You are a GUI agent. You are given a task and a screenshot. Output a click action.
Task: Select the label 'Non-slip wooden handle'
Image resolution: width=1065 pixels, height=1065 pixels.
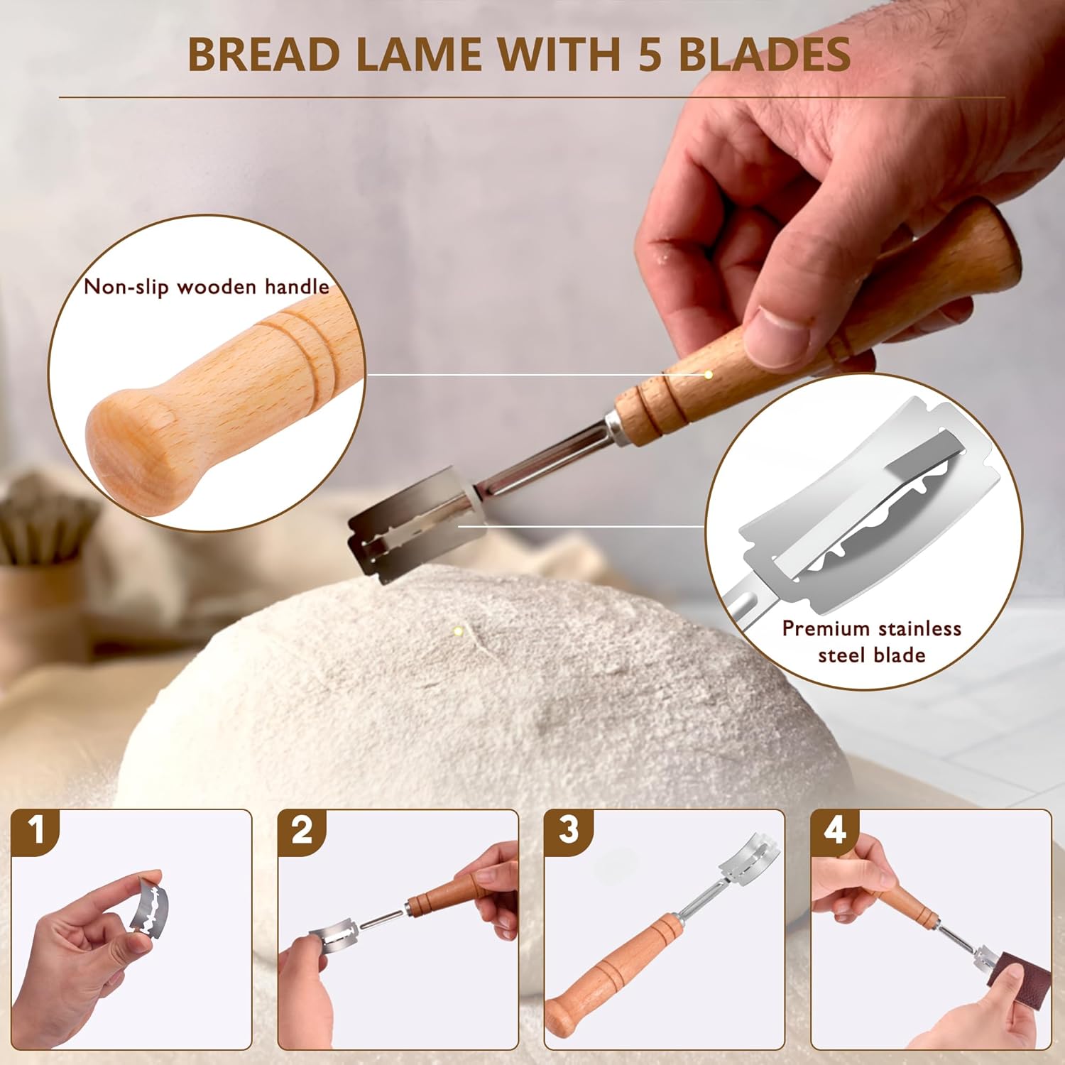(207, 287)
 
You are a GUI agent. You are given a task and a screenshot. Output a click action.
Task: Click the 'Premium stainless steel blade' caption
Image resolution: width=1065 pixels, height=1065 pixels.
(871, 641)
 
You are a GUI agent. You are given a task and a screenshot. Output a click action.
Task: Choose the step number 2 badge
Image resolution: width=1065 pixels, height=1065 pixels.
(302, 830)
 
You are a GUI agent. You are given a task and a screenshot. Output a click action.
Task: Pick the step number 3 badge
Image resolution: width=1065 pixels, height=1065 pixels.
(569, 830)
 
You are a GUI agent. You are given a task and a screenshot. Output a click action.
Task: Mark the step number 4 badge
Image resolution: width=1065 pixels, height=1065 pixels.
(835, 830)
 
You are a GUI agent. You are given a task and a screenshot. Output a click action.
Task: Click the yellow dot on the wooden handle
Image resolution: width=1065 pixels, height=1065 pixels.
(708, 374)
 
